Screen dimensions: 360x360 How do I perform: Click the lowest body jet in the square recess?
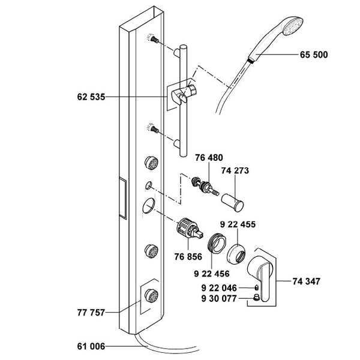(152, 295)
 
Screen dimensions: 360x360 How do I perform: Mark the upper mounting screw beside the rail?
(154, 39)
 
